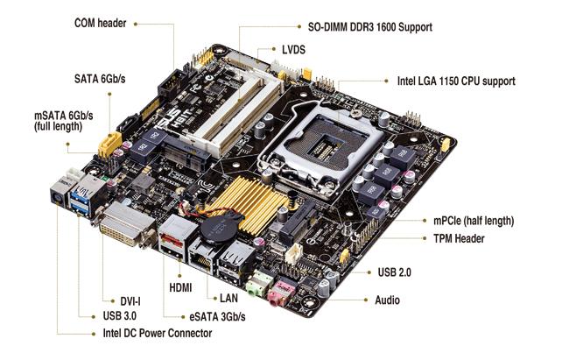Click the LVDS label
[293, 50]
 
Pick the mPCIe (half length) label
[466, 221]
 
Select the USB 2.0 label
[395, 272]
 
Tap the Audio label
[387, 300]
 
